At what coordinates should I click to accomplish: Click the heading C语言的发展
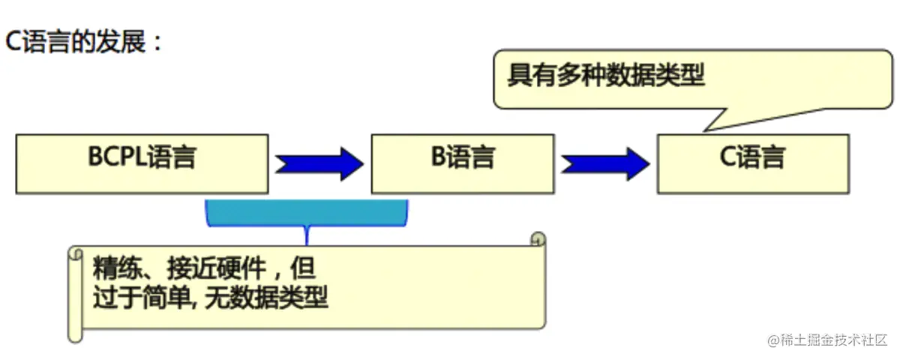[x=84, y=41]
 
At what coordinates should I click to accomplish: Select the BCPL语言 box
[x=142, y=163]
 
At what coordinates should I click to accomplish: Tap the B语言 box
[x=463, y=163]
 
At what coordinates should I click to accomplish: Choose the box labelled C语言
[x=753, y=163]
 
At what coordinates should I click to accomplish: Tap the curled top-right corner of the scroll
[x=537, y=240]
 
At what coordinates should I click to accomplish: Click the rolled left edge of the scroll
[x=75, y=292]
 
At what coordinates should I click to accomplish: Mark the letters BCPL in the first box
[x=118, y=158]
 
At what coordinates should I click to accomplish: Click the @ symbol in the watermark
[x=774, y=340]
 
